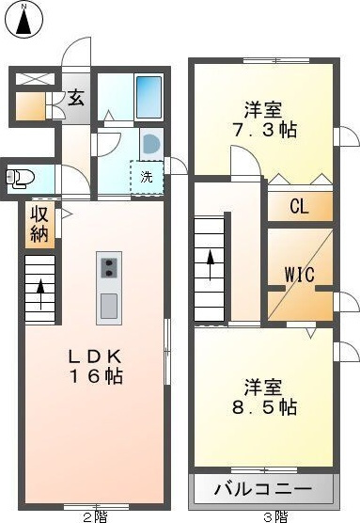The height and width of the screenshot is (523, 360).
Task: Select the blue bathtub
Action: tap(149, 96)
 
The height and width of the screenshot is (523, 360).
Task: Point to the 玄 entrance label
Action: tap(75, 97)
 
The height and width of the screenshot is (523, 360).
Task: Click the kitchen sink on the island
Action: tap(108, 306)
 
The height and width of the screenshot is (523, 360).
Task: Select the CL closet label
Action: tap(299, 207)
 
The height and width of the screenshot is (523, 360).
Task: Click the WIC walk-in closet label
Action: tap(299, 274)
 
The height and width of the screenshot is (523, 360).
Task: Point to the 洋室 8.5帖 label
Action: tap(264, 397)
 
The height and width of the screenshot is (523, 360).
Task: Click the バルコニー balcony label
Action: tap(263, 489)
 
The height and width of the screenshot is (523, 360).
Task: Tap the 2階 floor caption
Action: tap(94, 515)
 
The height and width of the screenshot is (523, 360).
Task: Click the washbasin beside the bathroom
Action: tap(151, 142)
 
